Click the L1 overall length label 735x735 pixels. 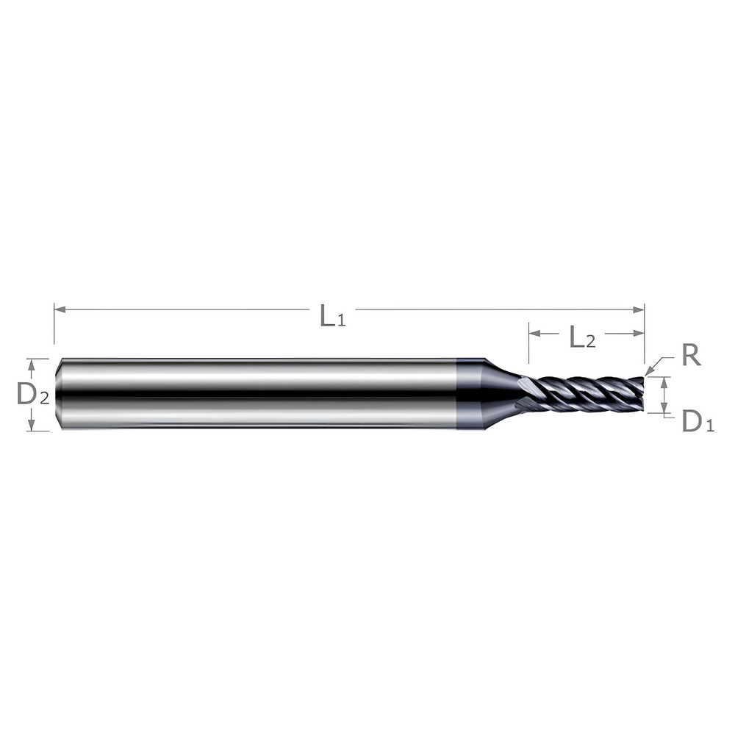click(331, 315)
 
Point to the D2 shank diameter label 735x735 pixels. click(33, 395)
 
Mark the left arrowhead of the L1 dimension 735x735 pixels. click(60, 309)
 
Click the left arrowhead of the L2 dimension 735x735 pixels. click(534, 333)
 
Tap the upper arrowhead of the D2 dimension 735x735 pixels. click(31, 363)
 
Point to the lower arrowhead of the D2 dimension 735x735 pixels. click(31, 426)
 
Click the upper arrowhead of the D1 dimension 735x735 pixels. click(664, 381)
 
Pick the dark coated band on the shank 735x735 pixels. click(469, 394)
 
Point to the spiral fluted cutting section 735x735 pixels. click(588, 394)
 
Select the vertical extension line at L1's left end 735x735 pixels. click(54, 323)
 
